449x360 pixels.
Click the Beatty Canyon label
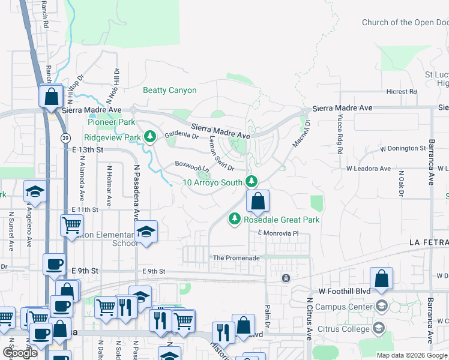pyautogui.click(x=169, y=91)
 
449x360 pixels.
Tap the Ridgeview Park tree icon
pyautogui.click(x=151, y=137)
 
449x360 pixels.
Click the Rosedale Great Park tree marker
pyautogui.click(x=235, y=220)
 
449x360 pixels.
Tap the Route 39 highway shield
pyautogui.click(x=64, y=138)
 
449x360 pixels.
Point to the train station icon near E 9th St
pyautogui.click(x=286, y=278)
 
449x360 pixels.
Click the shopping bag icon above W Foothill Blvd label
pyautogui.click(x=381, y=278)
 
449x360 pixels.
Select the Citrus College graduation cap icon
pyautogui.click(x=379, y=328)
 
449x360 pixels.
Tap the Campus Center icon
pyautogui.click(x=381, y=305)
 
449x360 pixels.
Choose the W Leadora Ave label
pyautogui.click(x=368, y=169)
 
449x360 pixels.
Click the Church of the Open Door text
pyautogui.click(x=405, y=23)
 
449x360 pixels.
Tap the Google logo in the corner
pyautogui.click(x=20, y=352)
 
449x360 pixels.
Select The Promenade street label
pyautogui.click(x=237, y=258)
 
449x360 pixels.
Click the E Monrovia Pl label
pyautogui.click(x=278, y=233)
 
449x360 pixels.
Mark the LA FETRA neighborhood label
pyautogui.click(x=428, y=242)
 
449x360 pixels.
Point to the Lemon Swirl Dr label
pyautogui.click(x=220, y=152)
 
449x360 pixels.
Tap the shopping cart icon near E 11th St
pyautogui.click(x=71, y=226)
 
